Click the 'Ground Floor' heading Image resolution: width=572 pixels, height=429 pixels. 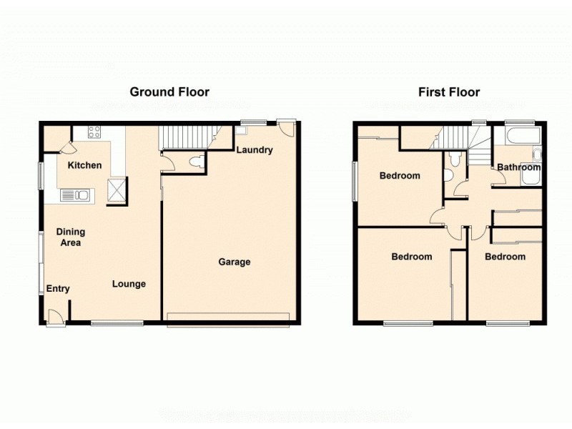(169, 92)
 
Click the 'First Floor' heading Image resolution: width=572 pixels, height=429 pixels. (449, 92)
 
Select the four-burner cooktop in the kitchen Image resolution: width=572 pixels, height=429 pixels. (94, 132)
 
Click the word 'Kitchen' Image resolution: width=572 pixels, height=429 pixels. (84, 165)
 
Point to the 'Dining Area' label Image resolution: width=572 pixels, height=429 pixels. (71, 237)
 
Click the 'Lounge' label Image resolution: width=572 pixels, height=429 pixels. (129, 284)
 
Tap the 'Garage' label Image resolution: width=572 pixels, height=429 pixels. (234, 262)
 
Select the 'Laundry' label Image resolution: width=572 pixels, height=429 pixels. (254, 150)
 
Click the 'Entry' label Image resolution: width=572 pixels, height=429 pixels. (58, 289)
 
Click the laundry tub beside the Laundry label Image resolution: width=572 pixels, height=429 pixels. (242, 130)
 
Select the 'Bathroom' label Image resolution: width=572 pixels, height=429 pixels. (518, 167)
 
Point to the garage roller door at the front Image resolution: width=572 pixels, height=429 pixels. (228, 319)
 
